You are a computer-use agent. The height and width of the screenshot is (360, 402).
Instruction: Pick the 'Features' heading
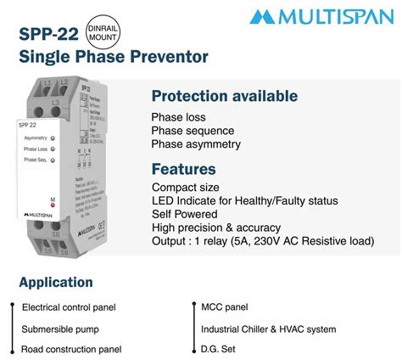[x=183, y=169]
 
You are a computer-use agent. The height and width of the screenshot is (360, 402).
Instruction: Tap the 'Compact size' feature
[x=186, y=187]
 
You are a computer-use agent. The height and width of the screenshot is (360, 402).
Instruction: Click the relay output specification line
[x=263, y=241]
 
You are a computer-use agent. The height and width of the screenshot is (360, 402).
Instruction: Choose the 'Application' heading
[x=56, y=282]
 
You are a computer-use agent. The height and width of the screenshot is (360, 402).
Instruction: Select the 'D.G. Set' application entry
[x=219, y=349]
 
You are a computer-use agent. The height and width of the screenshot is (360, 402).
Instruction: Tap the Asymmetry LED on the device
[x=53, y=136]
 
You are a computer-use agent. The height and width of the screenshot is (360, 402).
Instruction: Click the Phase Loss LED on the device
[x=53, y=148]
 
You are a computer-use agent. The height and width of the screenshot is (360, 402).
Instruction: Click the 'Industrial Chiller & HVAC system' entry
[x=268, y=329]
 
